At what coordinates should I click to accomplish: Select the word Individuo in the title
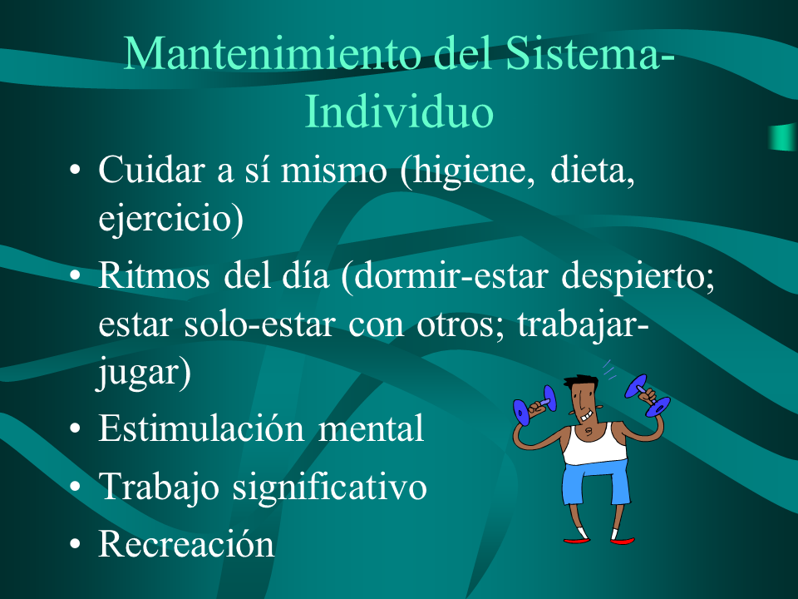coord(399,111)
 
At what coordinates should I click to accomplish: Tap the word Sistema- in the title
coord(590,53)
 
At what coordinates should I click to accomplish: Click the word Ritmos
coord(154,275)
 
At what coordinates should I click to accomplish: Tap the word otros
coord(456,324)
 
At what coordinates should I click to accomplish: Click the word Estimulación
coord(201,427)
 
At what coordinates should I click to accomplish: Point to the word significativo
coord(329,486)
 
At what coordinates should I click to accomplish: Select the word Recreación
coord(186,543)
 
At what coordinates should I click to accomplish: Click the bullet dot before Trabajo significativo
coord(75,487)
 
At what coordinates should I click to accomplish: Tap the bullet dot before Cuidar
coord(75,170)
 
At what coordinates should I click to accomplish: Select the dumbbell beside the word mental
coord(534,405)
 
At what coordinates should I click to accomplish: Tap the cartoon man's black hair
coord(581,381)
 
